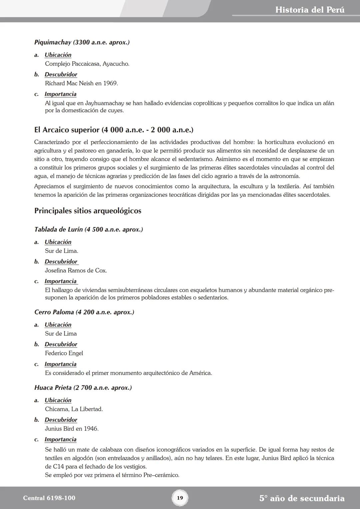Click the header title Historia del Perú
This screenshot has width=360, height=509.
(x=310, y=10)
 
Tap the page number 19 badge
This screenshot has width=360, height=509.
(x=180, y=498)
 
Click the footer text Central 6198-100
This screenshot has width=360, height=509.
(x=49, y=498)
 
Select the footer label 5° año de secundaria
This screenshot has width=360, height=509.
(x=302, y=498)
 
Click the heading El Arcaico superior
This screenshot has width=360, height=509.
(x=114, y=130)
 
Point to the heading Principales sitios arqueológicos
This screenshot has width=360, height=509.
(x=88, y=211)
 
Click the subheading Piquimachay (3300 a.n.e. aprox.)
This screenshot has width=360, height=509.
(x=82, y=42)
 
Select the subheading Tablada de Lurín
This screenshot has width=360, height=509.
(x=88, y=229)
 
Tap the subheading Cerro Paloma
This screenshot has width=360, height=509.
(x=84, y=312)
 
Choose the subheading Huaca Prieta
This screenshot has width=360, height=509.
(x=83, y=388)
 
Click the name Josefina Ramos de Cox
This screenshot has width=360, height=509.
(x=76, y=270)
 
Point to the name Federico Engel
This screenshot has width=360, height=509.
(x=64, y=353)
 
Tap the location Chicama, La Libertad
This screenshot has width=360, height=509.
(x=74, y=409)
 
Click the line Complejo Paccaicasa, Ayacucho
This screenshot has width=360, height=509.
(x=87, y=64)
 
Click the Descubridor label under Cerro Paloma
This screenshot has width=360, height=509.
(x=61, y=344)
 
